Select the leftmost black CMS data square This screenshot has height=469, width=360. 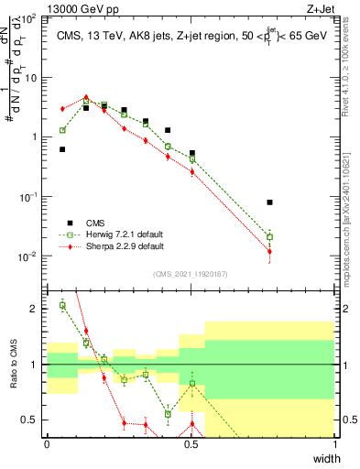tap(62, 149)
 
